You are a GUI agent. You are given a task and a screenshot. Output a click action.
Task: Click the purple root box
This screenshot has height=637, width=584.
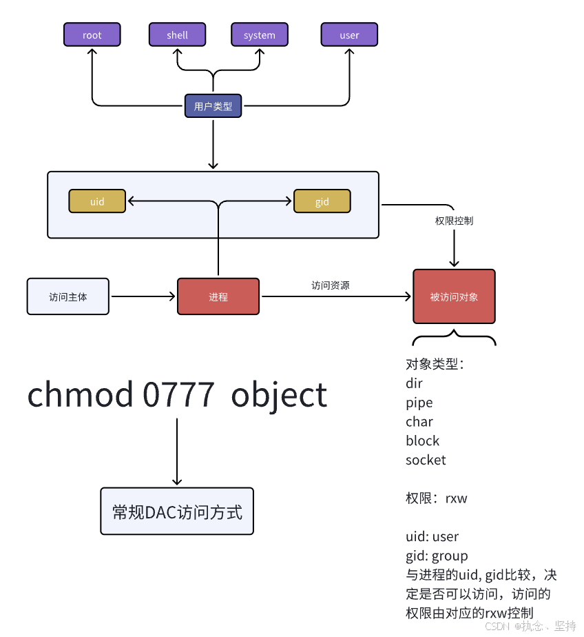(x=92, y=34)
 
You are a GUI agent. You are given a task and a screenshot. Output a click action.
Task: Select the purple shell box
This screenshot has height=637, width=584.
(x=177, y=34)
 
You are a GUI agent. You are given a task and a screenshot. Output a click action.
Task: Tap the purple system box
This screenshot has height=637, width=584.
(x=259, y=34)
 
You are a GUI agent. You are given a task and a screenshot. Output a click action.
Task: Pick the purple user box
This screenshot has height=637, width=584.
(x=349, y=34)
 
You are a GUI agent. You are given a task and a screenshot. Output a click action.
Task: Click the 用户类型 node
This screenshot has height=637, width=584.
(x=213, y=106)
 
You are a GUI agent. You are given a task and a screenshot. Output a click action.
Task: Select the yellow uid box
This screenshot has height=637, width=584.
(x=97, y=201)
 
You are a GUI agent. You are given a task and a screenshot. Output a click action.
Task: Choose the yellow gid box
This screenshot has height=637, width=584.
(x=322, y=201)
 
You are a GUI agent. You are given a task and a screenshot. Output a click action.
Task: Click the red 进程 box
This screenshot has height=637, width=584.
(x=218, y=296)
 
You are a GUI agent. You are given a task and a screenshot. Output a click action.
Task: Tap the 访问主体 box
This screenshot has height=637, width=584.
(x=68, y=296)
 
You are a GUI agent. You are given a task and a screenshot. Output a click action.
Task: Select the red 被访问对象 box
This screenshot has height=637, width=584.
(x=454, y=296)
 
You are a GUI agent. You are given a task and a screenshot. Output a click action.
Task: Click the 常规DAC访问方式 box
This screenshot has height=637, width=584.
(x=177, y=512)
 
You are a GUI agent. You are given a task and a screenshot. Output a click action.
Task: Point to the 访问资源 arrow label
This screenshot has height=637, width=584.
(x=330, y=285)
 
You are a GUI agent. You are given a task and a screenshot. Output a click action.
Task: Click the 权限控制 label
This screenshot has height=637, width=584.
(x=454, y=221)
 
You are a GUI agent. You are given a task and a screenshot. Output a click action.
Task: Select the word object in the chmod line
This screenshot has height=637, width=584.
(x=279, y=395)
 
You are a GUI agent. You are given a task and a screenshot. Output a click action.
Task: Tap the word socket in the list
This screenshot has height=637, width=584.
(x=426, y=460)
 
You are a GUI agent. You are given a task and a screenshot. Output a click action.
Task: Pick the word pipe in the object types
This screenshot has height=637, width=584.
(x=419, y=403)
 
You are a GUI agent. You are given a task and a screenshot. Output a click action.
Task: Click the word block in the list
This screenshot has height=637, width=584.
(x=422, y=441)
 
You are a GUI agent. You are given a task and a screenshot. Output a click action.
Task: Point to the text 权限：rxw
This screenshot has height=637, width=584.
(x=436, y=498)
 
